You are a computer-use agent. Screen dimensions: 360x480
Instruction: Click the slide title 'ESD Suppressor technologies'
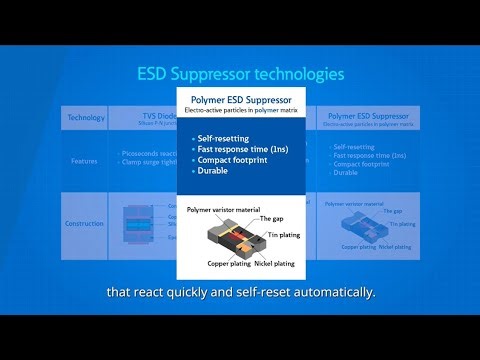240,74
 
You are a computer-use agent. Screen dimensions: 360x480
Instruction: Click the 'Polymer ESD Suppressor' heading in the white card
240,100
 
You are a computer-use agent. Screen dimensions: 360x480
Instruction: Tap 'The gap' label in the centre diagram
273,218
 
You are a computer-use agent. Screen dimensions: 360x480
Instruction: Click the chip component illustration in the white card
240,238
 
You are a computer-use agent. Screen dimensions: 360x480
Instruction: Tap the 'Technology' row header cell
85,117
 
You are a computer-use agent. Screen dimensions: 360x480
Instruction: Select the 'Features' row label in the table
85,159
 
